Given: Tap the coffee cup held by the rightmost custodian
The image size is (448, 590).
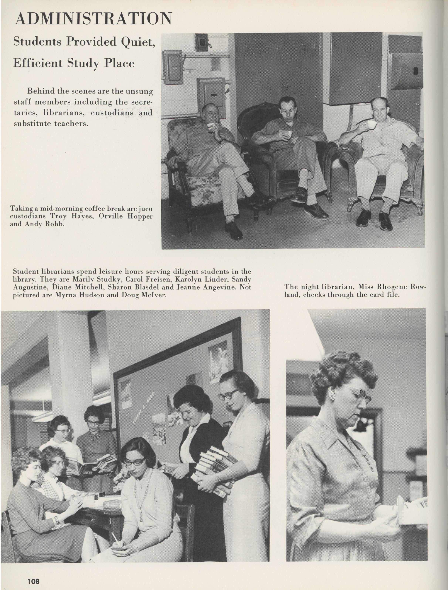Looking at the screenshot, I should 372,124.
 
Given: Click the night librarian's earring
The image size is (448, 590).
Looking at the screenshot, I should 332,397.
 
